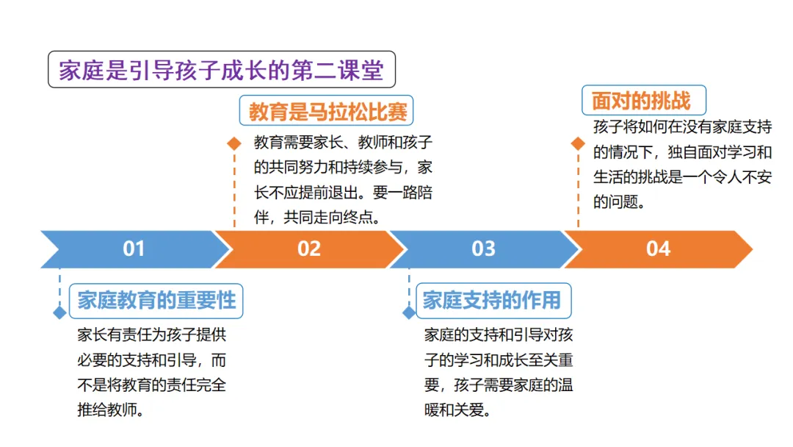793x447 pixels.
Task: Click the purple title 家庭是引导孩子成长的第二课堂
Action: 221,70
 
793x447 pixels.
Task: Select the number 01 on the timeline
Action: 134,248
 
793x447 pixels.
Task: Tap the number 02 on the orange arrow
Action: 309,248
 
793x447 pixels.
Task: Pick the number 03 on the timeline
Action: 483,248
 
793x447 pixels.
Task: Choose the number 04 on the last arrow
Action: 658,248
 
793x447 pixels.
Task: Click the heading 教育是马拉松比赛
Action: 327,112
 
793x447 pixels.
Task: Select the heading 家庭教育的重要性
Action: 156,300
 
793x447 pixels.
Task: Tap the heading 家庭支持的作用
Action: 491,300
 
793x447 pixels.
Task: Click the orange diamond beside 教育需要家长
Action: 233,144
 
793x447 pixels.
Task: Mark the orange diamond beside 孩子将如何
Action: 578,144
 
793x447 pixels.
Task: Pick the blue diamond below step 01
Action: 59,312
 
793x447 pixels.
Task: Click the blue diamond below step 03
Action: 409,312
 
